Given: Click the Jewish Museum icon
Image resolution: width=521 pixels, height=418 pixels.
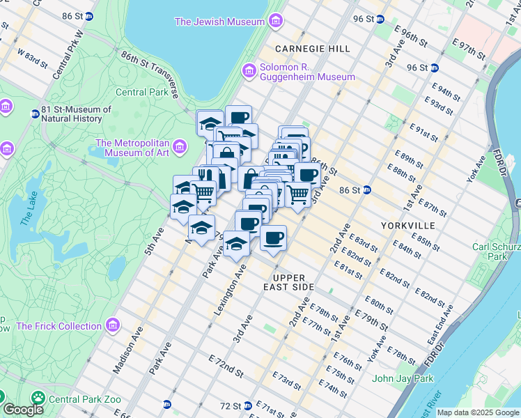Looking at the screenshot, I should point(276,22).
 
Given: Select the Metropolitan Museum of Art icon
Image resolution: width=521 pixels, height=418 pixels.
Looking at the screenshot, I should point(180,147).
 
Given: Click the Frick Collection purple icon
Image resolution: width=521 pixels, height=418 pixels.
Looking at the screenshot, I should point(112,325).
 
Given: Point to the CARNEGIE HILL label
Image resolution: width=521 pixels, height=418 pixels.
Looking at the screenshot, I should point(312,49).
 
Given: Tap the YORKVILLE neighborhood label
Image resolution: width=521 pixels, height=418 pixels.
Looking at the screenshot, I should point(408,226).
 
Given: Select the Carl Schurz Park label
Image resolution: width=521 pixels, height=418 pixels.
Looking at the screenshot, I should point(496,251).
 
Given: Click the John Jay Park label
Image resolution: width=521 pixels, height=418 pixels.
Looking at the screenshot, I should point(403,378).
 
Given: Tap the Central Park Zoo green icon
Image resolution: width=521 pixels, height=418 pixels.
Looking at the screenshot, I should point(37,398).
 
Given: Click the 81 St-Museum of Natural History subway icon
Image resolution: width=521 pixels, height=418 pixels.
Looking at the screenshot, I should point(34,114).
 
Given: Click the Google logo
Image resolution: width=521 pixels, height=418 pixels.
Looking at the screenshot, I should point(23,410).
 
